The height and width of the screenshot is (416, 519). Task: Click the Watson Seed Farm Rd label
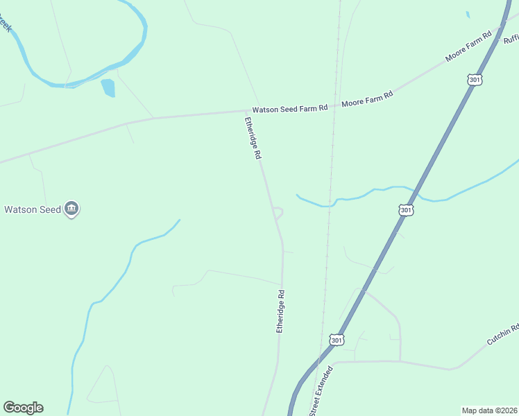pyautogui.click(x=289, y=109)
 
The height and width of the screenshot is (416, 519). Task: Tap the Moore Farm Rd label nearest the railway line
pyautogui.click(x=367, y=98)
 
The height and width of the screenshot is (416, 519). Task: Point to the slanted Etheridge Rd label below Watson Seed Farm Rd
pyautogui.click(x=252, y=138)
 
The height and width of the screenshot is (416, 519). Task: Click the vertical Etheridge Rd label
pyautogui.click(x=281, y=311)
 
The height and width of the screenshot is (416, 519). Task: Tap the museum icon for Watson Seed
pyautogui.click(x=71, y=208)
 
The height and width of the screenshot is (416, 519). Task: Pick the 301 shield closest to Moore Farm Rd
pyautogui.click(x=475, y=79)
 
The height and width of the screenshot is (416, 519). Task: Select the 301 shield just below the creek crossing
pyautogui.click(x=407, y=209)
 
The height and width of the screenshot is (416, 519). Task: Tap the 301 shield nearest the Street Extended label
pyautogui.click(x=336, y=340)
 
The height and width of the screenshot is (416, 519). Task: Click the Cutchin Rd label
pyautogui.click(x=503, y=334)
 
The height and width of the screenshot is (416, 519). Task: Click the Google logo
pyautogui.click(x=23, y=408)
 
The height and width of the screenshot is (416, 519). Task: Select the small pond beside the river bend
pyautogui.click(x=108, y=87)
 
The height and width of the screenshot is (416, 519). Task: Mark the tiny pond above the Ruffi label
pyautogui.click(x=468, y=15)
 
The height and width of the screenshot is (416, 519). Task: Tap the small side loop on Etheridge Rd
pyautogui.click(x=278, y=212)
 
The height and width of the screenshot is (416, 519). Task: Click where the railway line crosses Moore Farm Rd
pyautogui.click(x=335, y=106)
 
